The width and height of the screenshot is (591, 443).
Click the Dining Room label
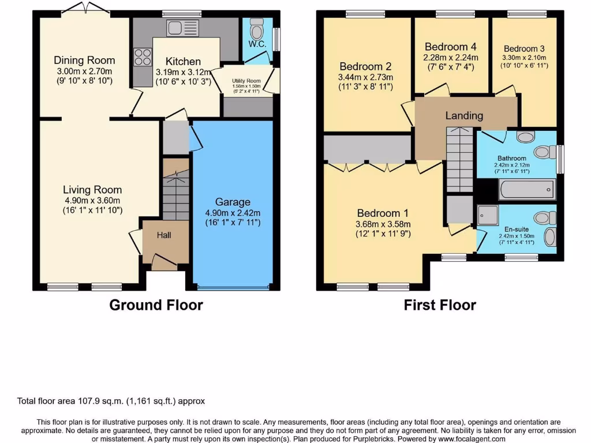(84, 60)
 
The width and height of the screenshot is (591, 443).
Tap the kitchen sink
(182, 28)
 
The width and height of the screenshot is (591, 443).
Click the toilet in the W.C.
(257, 27)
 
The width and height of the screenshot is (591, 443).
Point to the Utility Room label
(246, 81)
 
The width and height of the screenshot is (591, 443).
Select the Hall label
(164, 235)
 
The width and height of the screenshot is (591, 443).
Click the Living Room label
(92, 190)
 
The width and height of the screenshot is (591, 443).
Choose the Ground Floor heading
(156, 305)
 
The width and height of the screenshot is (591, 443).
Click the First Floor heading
(440, 305)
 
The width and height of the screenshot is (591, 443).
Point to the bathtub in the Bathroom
(526, 189)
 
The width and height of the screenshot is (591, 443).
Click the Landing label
(464, 115)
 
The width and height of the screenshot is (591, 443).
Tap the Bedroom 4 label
(451, 47)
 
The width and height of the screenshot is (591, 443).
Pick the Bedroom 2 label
(366, 66)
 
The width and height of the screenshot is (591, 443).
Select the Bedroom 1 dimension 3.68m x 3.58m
(383, 224)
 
